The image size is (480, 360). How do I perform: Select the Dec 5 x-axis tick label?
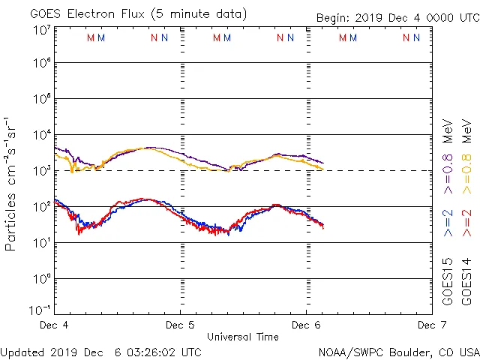point(179,325)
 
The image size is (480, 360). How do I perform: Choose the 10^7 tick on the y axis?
point(42,30)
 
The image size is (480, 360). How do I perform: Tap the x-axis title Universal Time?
point(242,337)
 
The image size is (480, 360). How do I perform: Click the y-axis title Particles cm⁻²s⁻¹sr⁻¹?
point(12,183)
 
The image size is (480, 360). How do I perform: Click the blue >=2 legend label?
point(448,223)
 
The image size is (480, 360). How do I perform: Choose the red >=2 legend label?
point(466,223)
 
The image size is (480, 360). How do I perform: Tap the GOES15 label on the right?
point(448,280)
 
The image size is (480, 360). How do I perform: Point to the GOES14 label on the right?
point(466,280)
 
